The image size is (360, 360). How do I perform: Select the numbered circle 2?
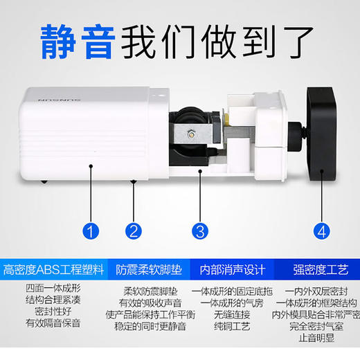(x=134, y=231)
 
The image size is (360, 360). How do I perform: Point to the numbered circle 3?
(x=199, y=231)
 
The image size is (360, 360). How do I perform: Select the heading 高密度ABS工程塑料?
(x=53, y=269)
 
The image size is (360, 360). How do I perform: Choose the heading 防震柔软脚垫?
(x=148, y=269)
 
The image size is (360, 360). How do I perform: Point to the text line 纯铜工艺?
(x=226, y=325)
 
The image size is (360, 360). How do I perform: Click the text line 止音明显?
(x=314, y=338)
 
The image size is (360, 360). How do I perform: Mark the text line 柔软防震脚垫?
(x=148, y=291)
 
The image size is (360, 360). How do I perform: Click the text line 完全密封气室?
(x=314, y=325)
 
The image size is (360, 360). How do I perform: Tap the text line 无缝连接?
(x=226, y=314)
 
